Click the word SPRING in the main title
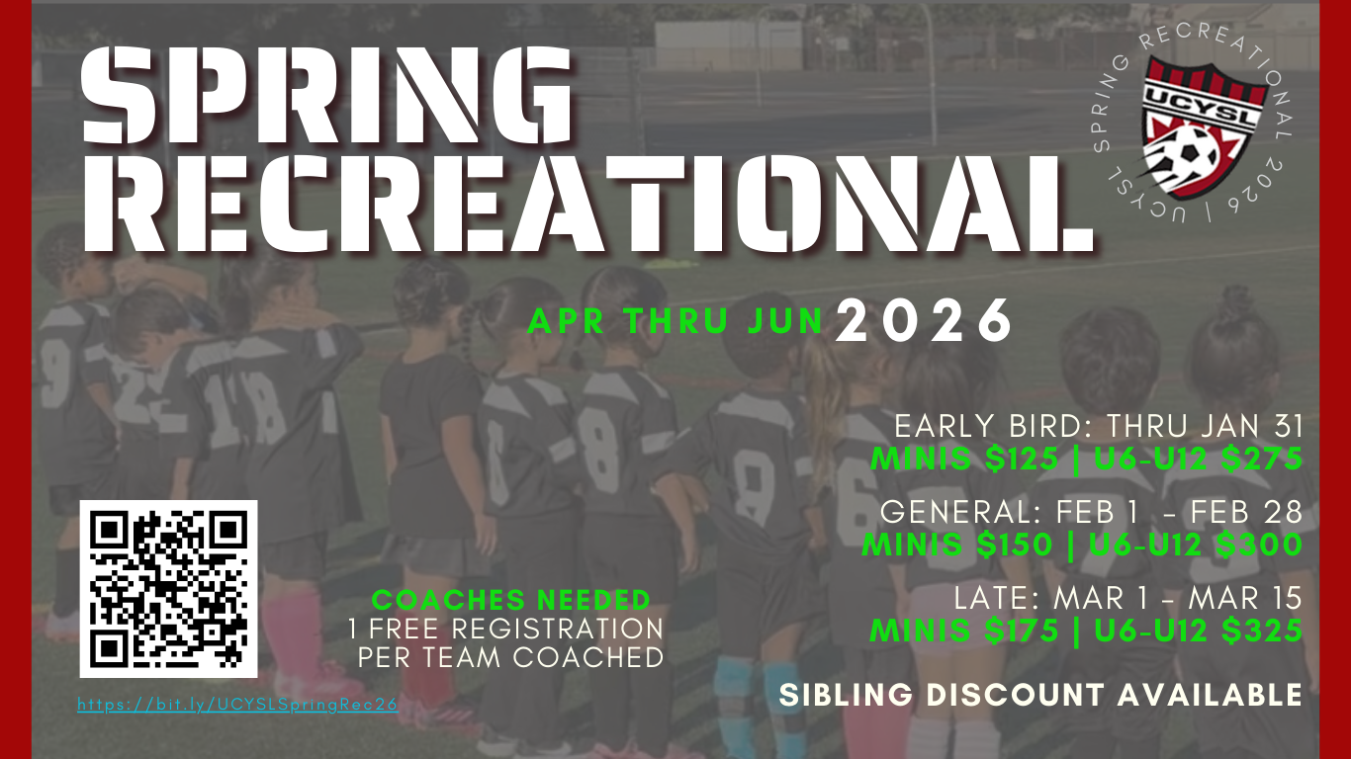tap(326, 97)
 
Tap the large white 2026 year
tap(925, 320)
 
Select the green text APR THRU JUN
tap(676, 321)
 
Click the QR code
tap(168, 589)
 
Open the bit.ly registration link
tap(237, 706)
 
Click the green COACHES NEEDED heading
tap(511, 600)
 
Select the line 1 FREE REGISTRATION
tap(505, 629)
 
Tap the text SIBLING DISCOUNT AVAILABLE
tap(1040, 695)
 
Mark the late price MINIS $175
tap(959, 631)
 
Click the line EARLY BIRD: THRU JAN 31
tap(1098, 427)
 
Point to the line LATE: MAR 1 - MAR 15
tap(1127, 598)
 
